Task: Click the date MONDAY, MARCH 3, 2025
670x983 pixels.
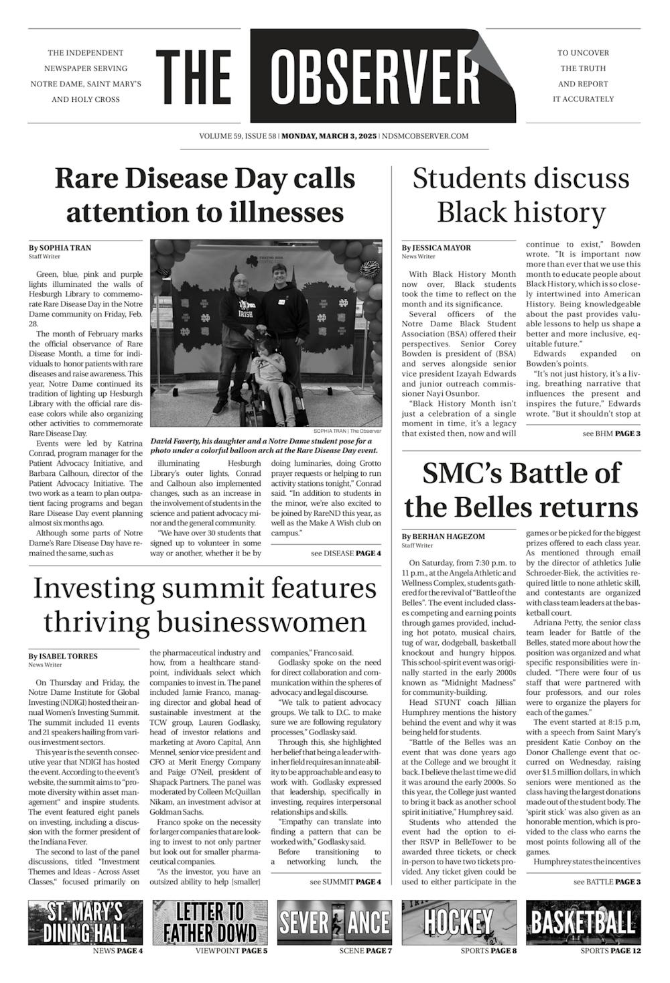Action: click(329, 136)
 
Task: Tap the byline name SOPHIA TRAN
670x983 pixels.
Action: click(65, 248)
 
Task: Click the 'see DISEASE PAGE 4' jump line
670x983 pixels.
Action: click(346, 553)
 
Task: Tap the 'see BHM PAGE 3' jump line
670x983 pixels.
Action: click(612, 434)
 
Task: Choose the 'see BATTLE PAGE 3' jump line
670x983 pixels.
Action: click(606, 882)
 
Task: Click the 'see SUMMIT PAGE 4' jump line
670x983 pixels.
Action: click(345, 882)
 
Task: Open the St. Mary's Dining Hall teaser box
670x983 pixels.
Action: click(85, 923)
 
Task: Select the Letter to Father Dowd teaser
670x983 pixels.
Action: click(210, 923)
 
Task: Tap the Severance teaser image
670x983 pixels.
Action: click(334, 923)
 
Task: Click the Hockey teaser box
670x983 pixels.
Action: click(459, 923)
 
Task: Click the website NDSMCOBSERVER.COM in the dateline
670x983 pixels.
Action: click(425, 136)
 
